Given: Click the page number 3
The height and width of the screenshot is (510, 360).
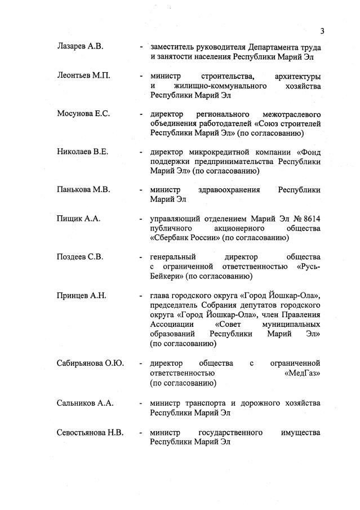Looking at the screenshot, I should [x=322, y=30].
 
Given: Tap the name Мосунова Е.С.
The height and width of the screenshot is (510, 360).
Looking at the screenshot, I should [x=83, y=114].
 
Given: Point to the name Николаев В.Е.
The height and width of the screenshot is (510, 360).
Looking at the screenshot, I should [x=82, y=152].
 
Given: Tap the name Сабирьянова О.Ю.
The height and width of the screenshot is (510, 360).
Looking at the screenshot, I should [x=90, y=362].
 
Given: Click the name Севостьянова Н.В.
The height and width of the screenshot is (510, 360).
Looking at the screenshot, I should [x=90, y=432].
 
